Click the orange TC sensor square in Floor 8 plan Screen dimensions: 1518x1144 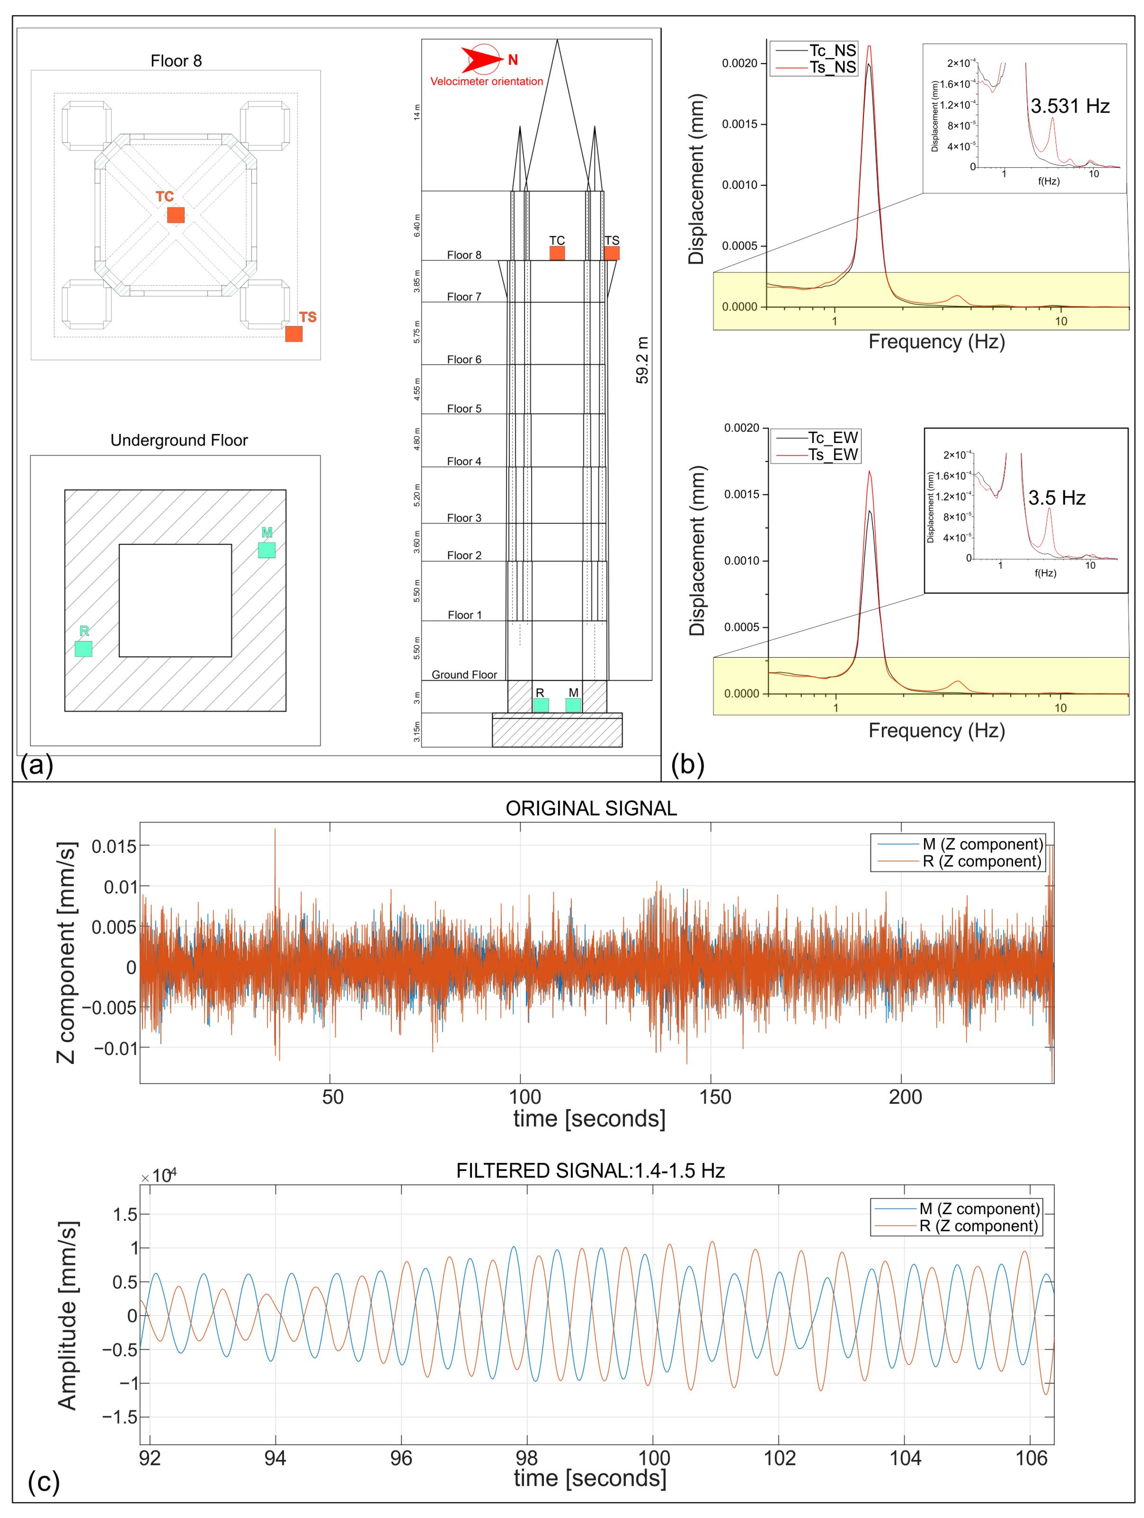click(176, 215)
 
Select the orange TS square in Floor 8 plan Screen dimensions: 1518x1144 click(293, 333)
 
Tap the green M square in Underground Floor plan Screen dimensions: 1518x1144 click(266, 550)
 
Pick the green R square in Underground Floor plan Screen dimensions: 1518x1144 click(83, 649)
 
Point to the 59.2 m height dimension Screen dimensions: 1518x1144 click(643, 360)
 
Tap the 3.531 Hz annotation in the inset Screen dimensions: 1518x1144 click(1069, 106)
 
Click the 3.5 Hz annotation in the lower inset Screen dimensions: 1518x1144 click(1056, 497)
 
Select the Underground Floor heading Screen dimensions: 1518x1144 click(179, 440)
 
